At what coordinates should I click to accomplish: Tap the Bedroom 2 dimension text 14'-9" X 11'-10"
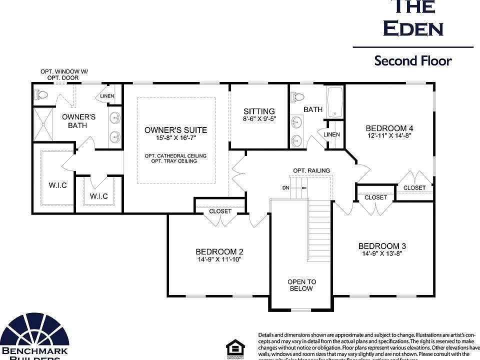219,259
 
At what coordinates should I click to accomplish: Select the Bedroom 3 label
382,246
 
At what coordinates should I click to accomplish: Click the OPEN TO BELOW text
301,285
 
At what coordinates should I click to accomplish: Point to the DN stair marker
285,188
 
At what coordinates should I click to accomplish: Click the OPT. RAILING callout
311,170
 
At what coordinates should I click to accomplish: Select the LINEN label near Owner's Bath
107,96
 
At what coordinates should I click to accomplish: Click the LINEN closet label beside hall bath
331,134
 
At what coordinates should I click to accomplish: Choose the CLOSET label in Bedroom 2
220,211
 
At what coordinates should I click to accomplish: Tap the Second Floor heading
413,61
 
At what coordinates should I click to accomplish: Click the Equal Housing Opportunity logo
233,348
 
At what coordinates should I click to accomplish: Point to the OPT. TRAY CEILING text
175,162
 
